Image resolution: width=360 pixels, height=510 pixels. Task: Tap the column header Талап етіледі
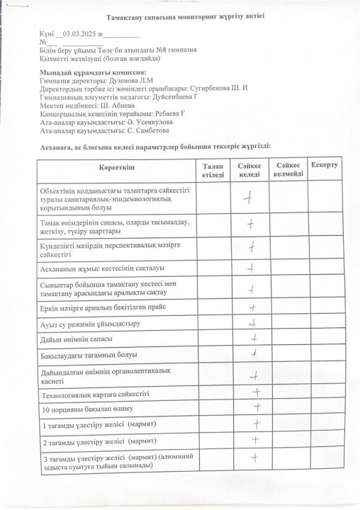point(212,169)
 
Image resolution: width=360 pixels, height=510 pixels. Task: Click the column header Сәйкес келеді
point(250,169)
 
